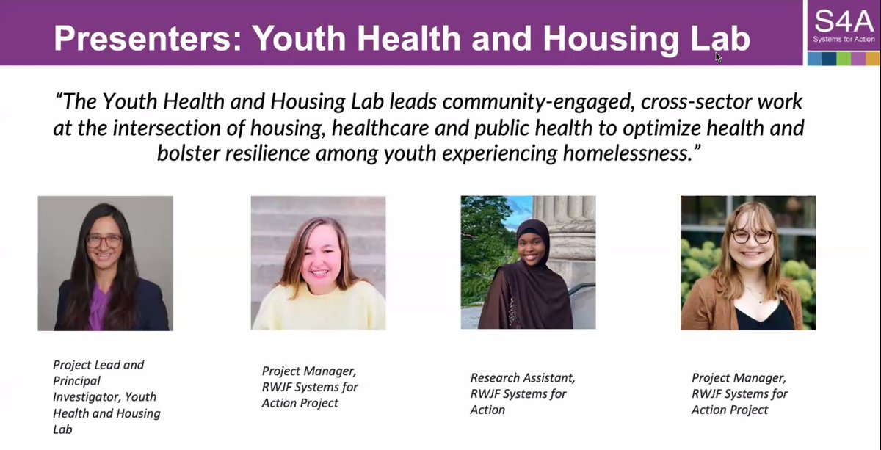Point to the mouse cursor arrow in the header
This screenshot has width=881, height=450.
click(x=719, y=57)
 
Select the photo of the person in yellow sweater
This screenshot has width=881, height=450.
click(x=318, y=262)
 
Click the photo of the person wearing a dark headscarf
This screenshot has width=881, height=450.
click(x=528, y=262)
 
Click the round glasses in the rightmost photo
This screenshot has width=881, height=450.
click(x=751, y=236)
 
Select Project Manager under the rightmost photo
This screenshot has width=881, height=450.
click(x=739, y=377)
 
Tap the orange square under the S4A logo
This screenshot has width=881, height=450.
click(x=872, y=59)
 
